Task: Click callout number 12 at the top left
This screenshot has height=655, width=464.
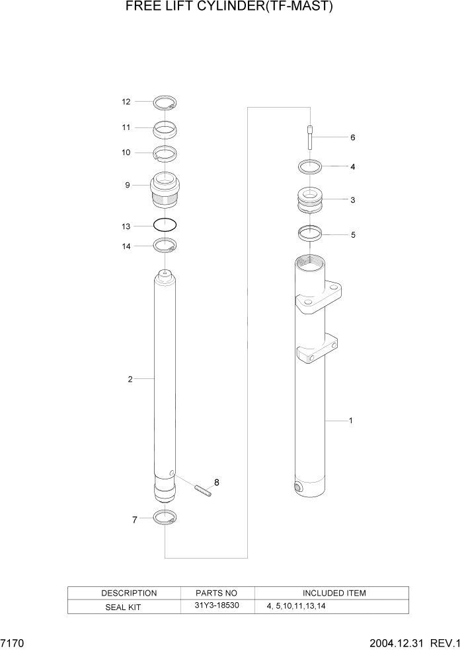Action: click(126, 102)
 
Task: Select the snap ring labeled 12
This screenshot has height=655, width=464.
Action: click(165, 102)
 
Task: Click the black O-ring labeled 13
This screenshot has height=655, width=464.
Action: click(165, 225)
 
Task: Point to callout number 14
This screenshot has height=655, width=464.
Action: click(126, 246)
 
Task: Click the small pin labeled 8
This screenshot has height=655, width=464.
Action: click(203, 491)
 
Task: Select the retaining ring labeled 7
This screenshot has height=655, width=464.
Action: click(165, 518)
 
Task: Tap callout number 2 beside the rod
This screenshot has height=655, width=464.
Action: click(130, 379)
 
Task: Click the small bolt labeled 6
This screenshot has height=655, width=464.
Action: click(310, 139)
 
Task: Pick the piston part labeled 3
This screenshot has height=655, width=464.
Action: click(310, 200)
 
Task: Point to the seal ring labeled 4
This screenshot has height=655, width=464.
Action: click(310, 166)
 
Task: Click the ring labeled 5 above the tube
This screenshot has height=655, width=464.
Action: click(310, 233)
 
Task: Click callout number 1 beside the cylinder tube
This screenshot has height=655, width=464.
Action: click(350, 421)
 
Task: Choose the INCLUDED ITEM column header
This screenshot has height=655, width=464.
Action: click(334, 593)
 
